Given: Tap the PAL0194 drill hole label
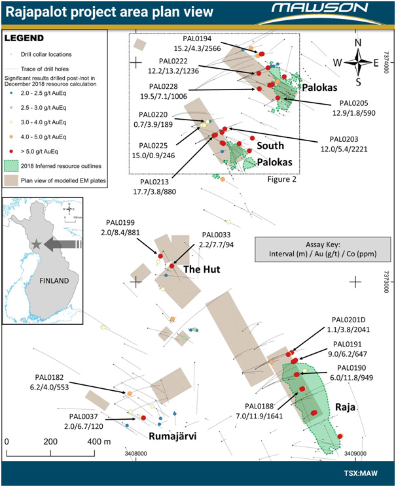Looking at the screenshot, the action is [x=197, y=39].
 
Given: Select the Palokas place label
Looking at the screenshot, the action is [x=320, y=88].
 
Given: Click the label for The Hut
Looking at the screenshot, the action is [x=202, y=269].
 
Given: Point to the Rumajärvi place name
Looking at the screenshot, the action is [x=173, y=436].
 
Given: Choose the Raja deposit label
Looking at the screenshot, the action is [x=345, y=407].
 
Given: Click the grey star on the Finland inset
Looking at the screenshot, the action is [x=37, y=244].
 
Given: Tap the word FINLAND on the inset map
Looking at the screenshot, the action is [x=54, y=281].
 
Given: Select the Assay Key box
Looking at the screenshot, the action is [x=323, y=250].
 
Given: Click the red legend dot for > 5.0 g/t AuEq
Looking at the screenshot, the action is [x=12, y=152].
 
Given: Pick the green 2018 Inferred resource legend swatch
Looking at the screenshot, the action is [x=11, y=166].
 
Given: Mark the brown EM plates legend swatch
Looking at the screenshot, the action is [x=11, y=180].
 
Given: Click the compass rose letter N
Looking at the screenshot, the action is [x=358, y=42].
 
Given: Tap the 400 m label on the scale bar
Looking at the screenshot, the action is [x=99, y=441].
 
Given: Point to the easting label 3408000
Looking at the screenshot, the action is [x=136, y=454].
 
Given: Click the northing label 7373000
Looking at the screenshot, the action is [x=386, y=282].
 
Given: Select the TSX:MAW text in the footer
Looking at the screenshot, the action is [x=361, y=473].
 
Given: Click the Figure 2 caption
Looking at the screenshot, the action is [x=282, y=179].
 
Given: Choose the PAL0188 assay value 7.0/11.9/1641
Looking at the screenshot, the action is [x=259, y=416].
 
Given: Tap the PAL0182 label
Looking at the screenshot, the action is [x=49, y=377].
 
